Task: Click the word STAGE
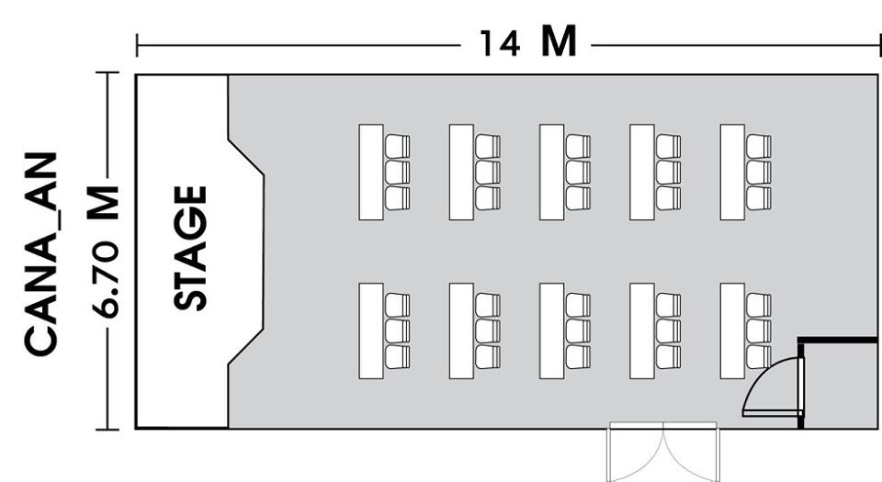[190, 248]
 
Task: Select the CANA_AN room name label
[41, 253]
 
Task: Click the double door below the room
[663, 452]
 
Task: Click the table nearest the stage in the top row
[371, 172]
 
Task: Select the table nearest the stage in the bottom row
[371, 331]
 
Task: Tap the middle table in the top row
[552, 172]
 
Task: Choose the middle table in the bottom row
[552, 331]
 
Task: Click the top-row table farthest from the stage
[732, 172]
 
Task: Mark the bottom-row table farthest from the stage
[732, 331]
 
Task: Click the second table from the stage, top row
[461, 172]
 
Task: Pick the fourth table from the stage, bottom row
[642, 331]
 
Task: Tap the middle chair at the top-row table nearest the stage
[397, 173]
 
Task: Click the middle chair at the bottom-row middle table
[578, 331]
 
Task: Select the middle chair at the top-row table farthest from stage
[758, 173]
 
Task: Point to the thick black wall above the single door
[838, 340]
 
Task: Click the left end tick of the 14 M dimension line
[137, 45]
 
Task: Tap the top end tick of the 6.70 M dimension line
[107, 73]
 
